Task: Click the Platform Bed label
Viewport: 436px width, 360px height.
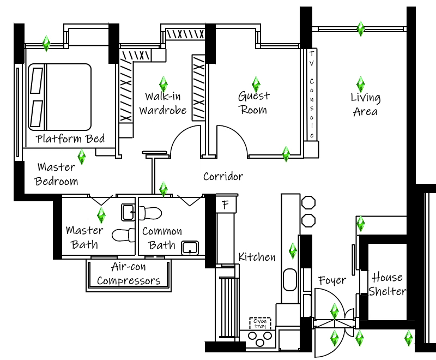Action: (70, 139)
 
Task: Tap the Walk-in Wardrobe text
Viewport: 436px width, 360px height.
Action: (163, 104)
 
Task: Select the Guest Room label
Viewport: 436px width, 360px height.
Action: (254, 103)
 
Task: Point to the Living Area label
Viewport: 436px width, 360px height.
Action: (365, 104)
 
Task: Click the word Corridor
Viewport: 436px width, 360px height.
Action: (223, 177)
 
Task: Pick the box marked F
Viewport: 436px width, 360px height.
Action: (225, 205)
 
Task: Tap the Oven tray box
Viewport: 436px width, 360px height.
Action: (260, 323)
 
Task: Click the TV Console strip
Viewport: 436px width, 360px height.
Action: (312, 94)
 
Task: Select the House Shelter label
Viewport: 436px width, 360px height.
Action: (387, 284)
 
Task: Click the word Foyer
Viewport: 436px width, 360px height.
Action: (332, 280)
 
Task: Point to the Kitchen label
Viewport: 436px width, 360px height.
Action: (257, 257)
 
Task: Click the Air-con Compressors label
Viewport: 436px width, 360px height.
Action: (128, 274)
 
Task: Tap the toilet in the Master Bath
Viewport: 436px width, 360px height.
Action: (123, 235)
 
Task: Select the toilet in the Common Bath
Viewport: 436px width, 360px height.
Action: (152, 211)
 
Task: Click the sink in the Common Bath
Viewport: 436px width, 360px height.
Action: (189, 248)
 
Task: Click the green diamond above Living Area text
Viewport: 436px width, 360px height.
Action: (360, 84)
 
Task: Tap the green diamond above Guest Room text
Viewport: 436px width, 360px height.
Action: (256, 84)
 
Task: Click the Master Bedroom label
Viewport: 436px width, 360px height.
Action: (57, 174)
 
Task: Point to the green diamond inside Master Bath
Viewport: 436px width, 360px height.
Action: (101, 214)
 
